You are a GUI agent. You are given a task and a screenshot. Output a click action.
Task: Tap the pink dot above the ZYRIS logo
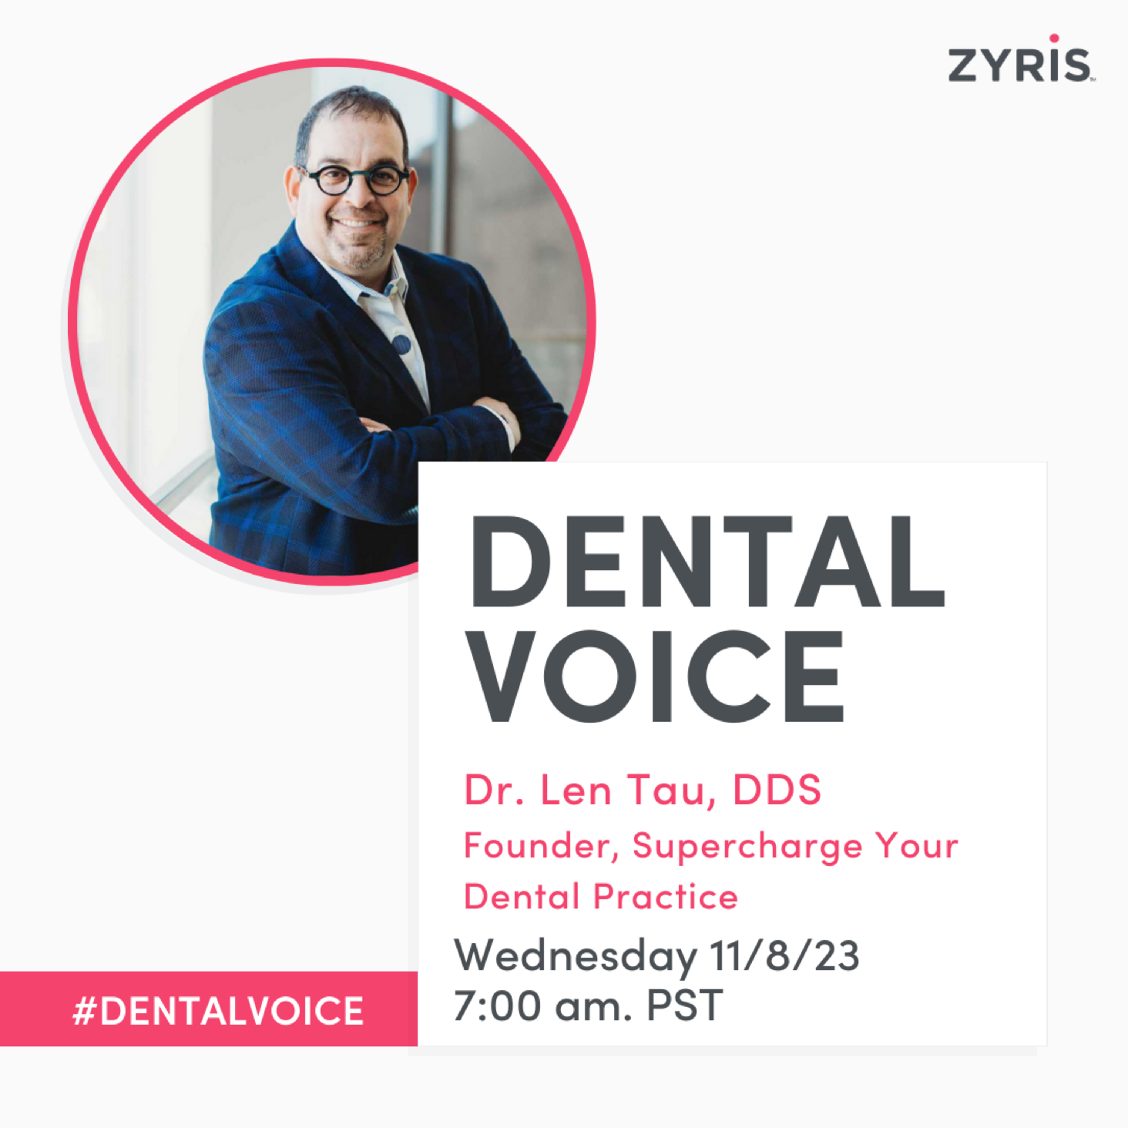click(1054, 38)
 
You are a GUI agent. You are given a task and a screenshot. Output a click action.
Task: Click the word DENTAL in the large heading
click(707, 562)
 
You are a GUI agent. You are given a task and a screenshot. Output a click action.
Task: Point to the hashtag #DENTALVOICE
click(218, 1011)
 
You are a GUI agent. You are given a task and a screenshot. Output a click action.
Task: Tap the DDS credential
click(777, 790)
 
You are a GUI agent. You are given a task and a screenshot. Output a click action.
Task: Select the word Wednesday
click(575, 956)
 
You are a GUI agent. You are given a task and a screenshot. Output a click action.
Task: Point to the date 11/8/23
click(784, 956)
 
